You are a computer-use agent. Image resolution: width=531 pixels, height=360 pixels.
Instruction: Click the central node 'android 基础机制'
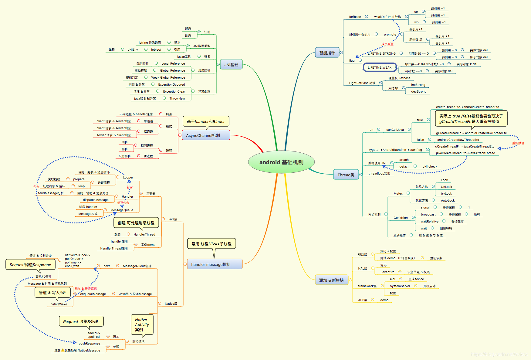[x=281, y=162]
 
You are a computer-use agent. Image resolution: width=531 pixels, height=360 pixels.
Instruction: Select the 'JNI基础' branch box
[x=231, y=65]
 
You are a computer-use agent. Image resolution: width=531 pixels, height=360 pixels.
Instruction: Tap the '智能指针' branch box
[x=327, y=53]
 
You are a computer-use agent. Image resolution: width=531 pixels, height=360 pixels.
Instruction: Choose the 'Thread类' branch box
[x=346, y=175]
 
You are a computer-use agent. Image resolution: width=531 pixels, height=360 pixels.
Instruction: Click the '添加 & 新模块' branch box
[x=331, y=280]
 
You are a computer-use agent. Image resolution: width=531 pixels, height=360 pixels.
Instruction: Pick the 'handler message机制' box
[x=215, y=264]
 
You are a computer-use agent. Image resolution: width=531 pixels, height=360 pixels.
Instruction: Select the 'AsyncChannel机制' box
[x=206, y=135]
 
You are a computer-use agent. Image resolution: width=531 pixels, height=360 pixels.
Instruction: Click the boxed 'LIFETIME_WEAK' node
[x=380, y=67]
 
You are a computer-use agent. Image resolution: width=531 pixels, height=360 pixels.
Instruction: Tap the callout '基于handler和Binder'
[x=206, y=121]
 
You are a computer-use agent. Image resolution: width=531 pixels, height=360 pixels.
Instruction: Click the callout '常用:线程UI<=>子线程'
[x=211, y=244]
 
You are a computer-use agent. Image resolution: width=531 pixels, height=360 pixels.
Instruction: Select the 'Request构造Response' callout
[x=30, y=265]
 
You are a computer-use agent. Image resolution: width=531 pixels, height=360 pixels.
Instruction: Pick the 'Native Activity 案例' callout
[x=142, y=324]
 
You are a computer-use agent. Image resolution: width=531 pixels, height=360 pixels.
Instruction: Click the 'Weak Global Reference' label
[x=168, y=77]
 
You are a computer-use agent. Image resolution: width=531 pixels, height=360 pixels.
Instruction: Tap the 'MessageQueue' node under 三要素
[x=122, y=210]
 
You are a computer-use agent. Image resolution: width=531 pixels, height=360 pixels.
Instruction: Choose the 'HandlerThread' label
[x=144, y=234]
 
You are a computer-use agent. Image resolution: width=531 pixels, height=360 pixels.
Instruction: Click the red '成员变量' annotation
[x=387, y=44]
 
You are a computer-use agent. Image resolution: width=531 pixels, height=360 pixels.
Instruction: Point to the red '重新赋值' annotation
[x=518, y=143]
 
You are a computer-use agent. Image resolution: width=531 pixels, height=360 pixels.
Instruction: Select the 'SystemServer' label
[x=400, y=286]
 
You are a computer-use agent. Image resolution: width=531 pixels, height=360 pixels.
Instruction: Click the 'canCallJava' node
[x=395, y=130]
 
